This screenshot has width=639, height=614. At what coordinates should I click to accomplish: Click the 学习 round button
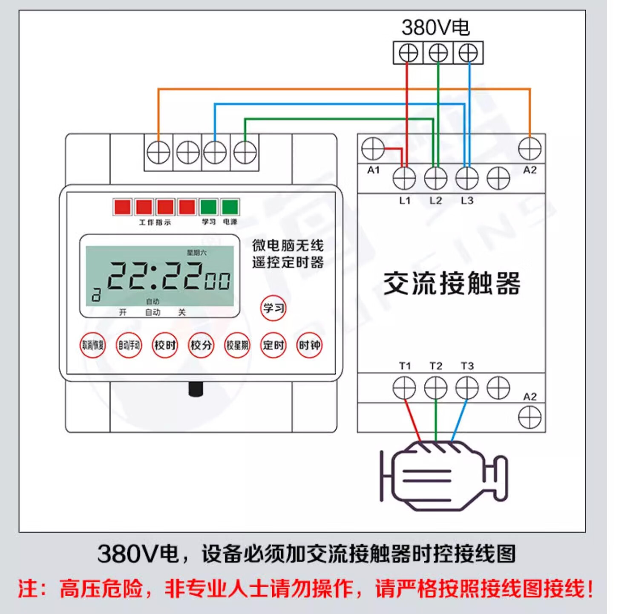coord(273,308)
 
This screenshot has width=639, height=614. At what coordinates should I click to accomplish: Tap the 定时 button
coord(273,345)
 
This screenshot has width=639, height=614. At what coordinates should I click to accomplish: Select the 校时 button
coord(165,345)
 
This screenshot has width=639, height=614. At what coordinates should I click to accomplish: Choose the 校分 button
coord(201,345)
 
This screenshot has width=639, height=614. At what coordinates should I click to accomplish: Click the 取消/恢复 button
coord(93,345)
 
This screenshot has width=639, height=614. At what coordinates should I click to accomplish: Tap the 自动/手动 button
coord(129,345)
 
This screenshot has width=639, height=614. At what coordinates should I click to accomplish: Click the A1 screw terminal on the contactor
coord(373,149)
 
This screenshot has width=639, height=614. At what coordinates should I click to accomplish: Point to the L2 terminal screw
coord(436,178)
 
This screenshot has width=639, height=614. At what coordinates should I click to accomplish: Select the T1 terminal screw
coord(404,388)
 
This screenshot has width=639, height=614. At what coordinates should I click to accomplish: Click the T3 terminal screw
coord(467,388)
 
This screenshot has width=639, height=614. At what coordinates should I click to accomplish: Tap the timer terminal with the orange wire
coord(158,153)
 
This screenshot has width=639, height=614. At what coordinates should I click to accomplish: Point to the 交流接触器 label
coord(452,283)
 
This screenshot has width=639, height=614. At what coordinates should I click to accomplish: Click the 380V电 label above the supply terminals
coord(436,28)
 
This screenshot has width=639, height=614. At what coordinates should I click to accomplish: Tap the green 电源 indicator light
coord(230,207)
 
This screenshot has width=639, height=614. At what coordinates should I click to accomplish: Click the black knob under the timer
coord(196,389)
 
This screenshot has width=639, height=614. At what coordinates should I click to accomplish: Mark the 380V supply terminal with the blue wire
coord(468,53)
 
